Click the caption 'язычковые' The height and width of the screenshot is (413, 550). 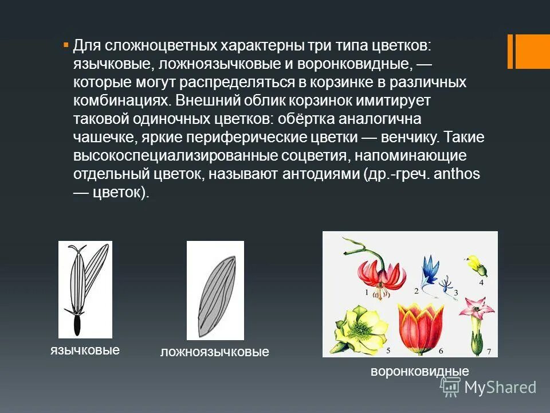pyautogui.click(x=85, y=350)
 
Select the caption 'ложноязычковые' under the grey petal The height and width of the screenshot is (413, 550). pyautogui.click(x=214, y=352)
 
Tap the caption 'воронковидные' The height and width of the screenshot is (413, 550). pyautogui.click(x=419, y=371)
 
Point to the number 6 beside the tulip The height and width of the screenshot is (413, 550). pyautogui.click(x=441, y=350)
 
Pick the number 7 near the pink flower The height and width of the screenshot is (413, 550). pyautogui.click(x=488, y=350)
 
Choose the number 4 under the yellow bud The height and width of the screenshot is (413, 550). pyautogui.click(x=481, y=282)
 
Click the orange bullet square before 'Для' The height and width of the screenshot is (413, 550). pyautogui.click(x=65, y=44)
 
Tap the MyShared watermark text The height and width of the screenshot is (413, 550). pyautogui.click(x=500, y=388)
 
